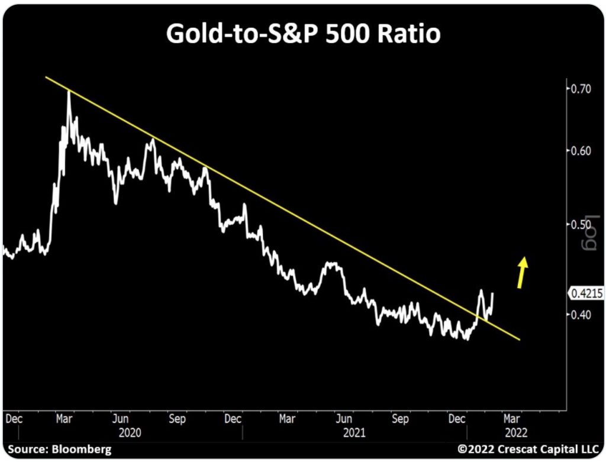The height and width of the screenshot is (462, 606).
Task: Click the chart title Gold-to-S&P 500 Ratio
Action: (303, 34)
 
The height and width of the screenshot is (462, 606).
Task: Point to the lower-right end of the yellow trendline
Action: (519, 339)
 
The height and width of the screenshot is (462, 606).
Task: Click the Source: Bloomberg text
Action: (59, 450)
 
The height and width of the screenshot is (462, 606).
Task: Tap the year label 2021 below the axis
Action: (353, 432)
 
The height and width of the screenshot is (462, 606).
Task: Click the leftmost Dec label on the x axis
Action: (14, 419)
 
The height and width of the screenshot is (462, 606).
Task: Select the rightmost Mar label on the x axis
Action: (512, 419)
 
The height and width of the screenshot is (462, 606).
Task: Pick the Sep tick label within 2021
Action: (401, 419)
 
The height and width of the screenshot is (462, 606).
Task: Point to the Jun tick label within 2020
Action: (122, 419)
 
